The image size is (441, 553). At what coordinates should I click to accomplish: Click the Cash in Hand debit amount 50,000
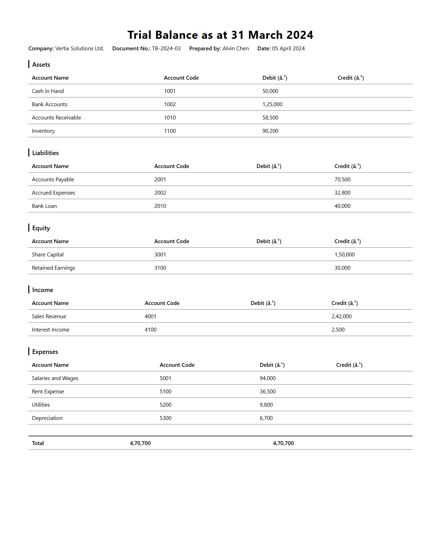(x=270, y=91)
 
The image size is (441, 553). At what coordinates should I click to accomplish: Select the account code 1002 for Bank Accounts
(x=170, y=104)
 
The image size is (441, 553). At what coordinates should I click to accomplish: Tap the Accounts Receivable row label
(x=56, y=118)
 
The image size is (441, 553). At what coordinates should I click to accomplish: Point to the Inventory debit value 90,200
(x=270, y=131)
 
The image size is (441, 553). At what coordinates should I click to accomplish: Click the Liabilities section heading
(x=45, y=153)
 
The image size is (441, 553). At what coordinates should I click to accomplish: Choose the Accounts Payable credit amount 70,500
(x=342, y=180)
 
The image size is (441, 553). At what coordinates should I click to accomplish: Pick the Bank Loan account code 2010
(x=160, y=206)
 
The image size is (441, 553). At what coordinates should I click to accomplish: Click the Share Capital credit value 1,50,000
(x=344, y=255)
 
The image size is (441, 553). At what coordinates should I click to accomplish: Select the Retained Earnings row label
(x=53, y=268)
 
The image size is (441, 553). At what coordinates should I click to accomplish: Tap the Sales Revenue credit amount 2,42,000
(x=341, y=316)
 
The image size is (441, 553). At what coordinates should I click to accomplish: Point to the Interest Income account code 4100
(x=150, y=330)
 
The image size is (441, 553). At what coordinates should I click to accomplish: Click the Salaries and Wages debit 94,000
(x=267, y=378)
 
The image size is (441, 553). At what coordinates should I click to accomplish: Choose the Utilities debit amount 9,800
(x=266, y=405)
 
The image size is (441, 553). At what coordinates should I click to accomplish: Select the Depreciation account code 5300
(x=166, y=418)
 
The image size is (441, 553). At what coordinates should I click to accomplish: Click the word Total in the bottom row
(x=38, y=443)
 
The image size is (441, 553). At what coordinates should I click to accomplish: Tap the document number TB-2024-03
(x=166, y=49)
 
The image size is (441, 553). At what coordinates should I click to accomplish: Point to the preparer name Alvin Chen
(x=236, y=49)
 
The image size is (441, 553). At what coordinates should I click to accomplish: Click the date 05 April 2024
(x=288, y=49)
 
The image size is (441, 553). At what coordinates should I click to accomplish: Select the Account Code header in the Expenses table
(x=177, y=365)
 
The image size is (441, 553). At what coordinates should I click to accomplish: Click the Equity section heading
(x=41, y=228)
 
